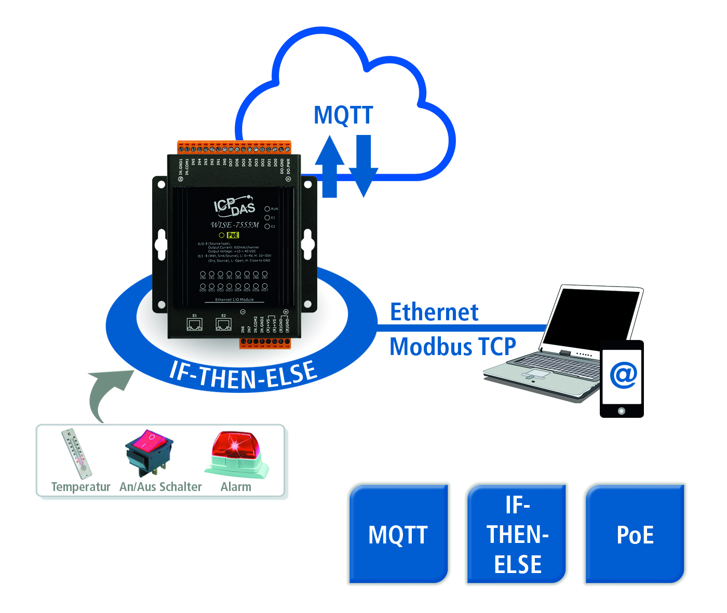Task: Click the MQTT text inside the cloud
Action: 343,115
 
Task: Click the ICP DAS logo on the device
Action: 235,206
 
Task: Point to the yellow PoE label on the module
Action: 233,235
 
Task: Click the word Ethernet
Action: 434,312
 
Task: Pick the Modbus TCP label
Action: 453,347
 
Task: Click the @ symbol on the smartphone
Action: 623,375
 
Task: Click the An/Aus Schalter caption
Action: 160,487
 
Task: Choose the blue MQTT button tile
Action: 398,534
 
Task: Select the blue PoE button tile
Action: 635,534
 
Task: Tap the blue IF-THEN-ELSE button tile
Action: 517,534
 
